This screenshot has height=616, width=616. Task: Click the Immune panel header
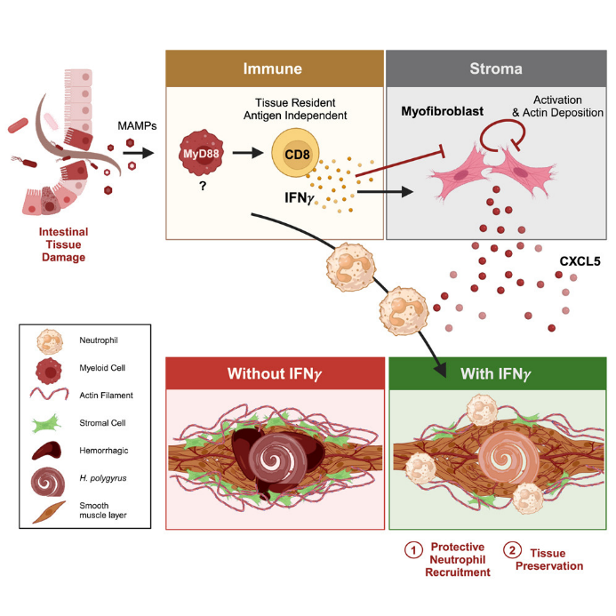(x=275, y=68)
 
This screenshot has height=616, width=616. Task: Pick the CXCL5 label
(x=579, y=262)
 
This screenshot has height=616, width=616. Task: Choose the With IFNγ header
(x=495, y=372)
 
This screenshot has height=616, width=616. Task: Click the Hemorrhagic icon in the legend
(x=47, y=450)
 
